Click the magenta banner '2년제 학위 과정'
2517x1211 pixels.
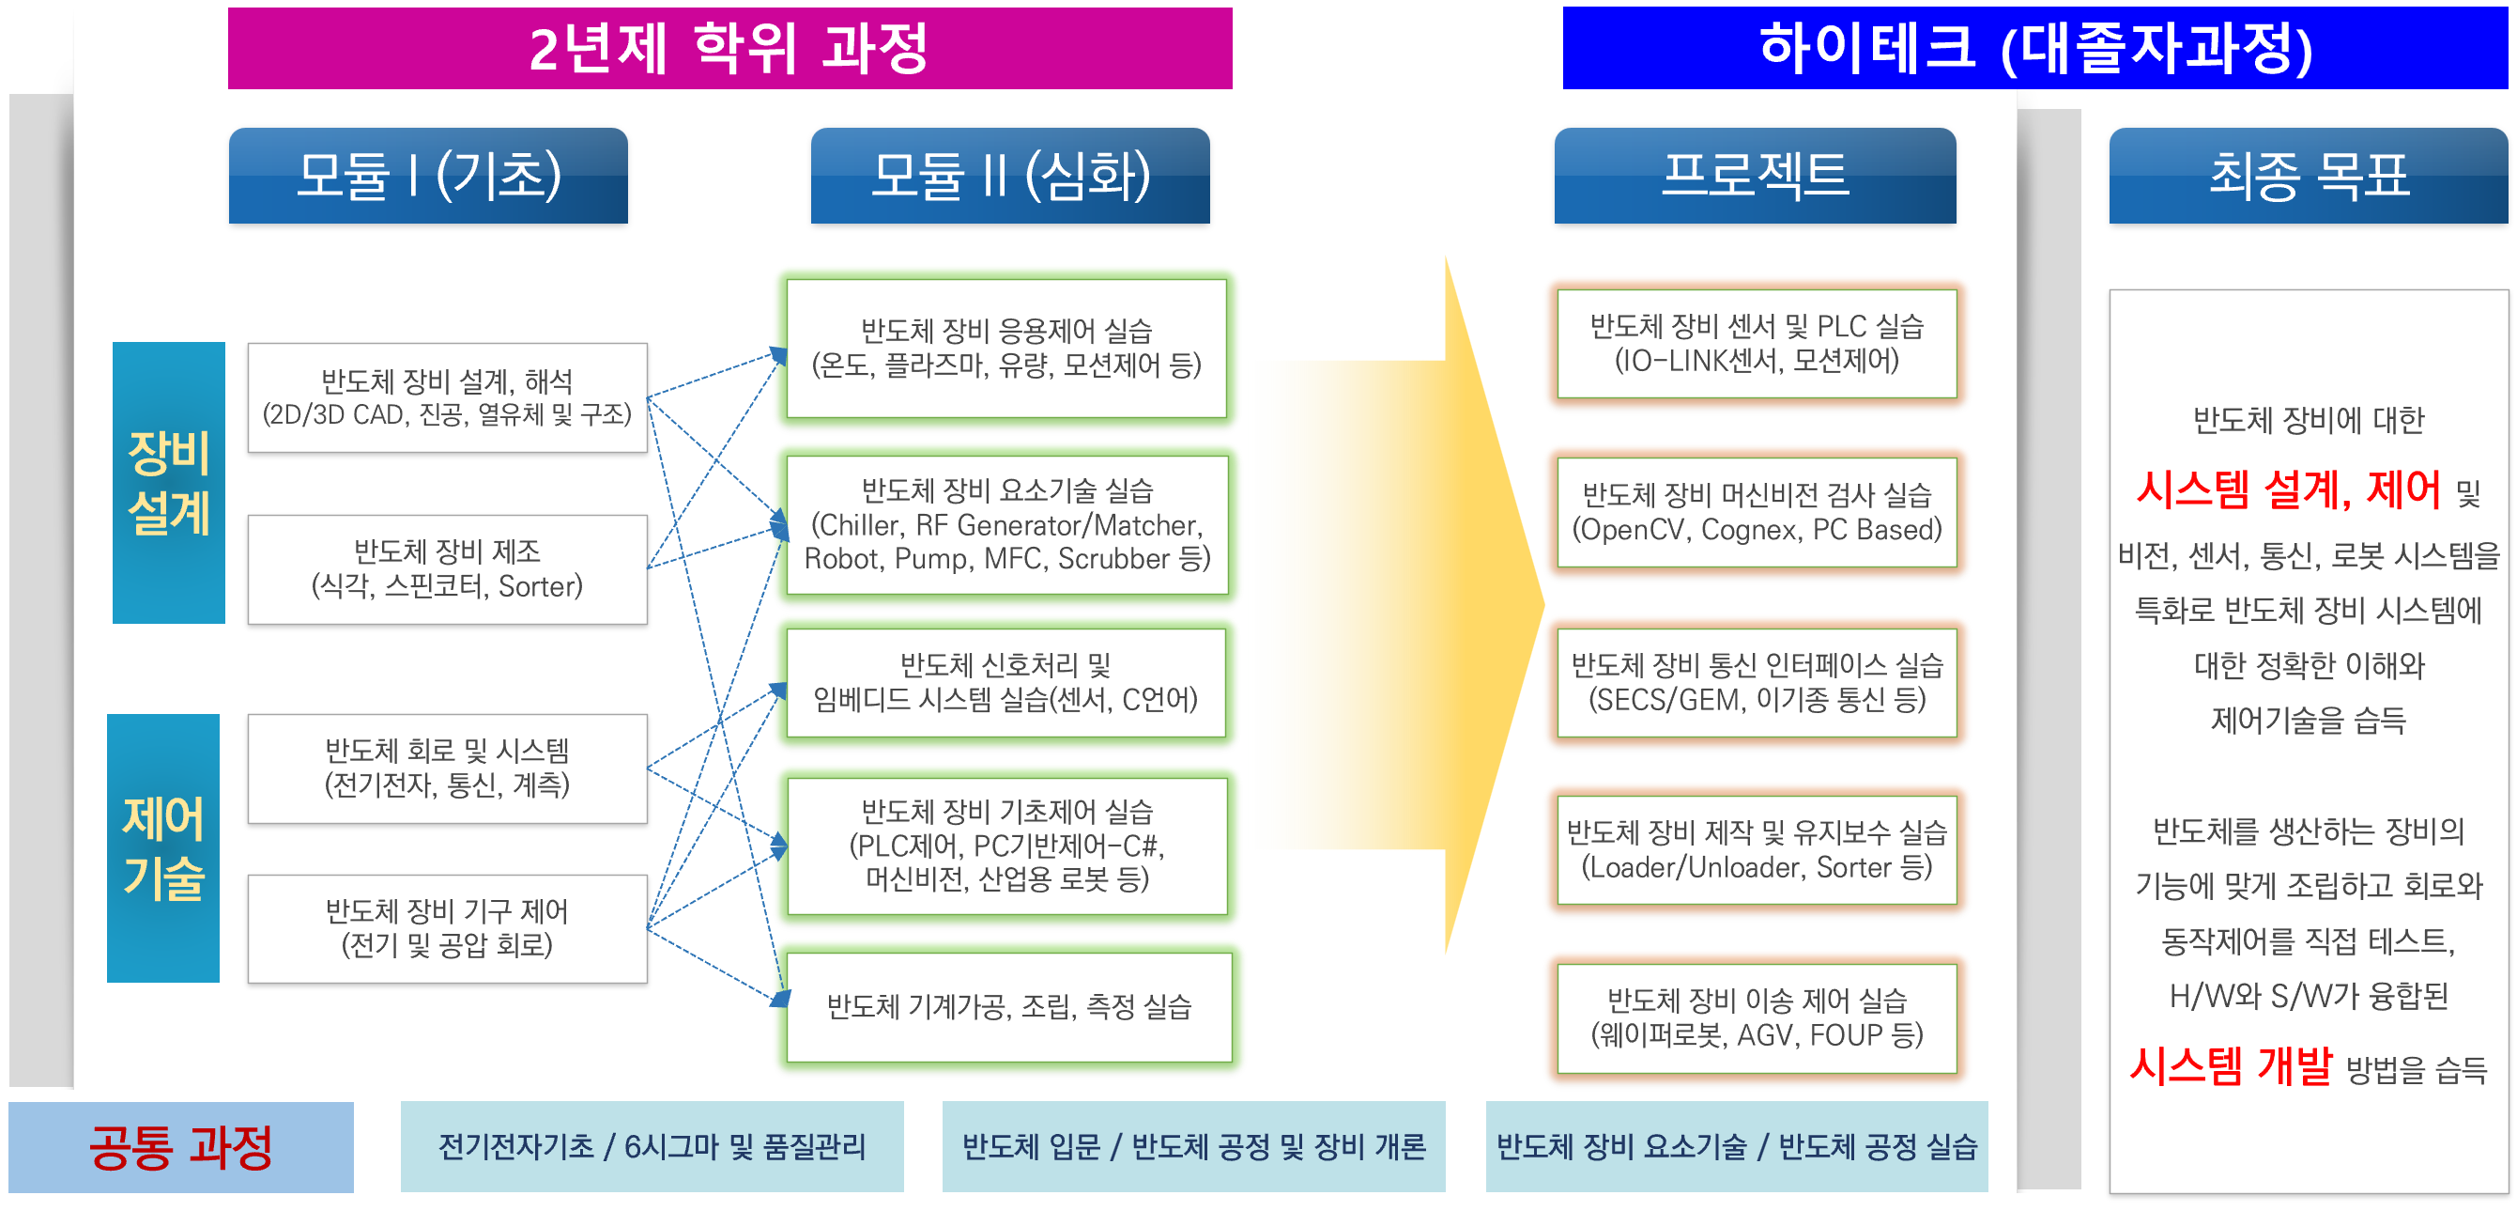pyautogui.click(x=729, y=48)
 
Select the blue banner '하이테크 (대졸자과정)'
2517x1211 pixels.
pyautogui.click(x=2035, y=48)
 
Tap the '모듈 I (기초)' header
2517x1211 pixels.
pyautogui.click(x=428, y=176)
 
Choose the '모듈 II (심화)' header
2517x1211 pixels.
pyautogui.click(x=1010, y=176)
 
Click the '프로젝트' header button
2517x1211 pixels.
pyautogui.click(x=1755, y=176)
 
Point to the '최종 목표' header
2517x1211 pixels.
pyautogui.click(x=2308, y=176)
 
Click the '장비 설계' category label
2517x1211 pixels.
pyautogui.click(x=169, y=483)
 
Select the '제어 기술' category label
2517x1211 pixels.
pyautogui.click(x=163, y=848)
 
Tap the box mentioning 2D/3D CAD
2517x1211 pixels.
pyautogui.click(x=448, y=397)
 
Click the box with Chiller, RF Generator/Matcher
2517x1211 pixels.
pyautogui.click(x=1007, y=525)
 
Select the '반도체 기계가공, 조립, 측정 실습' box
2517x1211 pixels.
pyautogui.click(x=1009, y=1007)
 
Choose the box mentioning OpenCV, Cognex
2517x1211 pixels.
pyautogui.click(x=1757, y=512)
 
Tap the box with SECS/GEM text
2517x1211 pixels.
pyautogui.click(x=1757, y=682)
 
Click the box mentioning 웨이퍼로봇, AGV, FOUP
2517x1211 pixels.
pyautogui.click(x=1757, y=1018)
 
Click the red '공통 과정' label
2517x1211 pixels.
pyautogui.click(x=181, y=1146)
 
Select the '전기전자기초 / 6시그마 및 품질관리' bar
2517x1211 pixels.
pyautogui.click(x=652, y=1146)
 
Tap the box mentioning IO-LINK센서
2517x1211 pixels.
pyautogui.click(x=1757, y=343)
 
